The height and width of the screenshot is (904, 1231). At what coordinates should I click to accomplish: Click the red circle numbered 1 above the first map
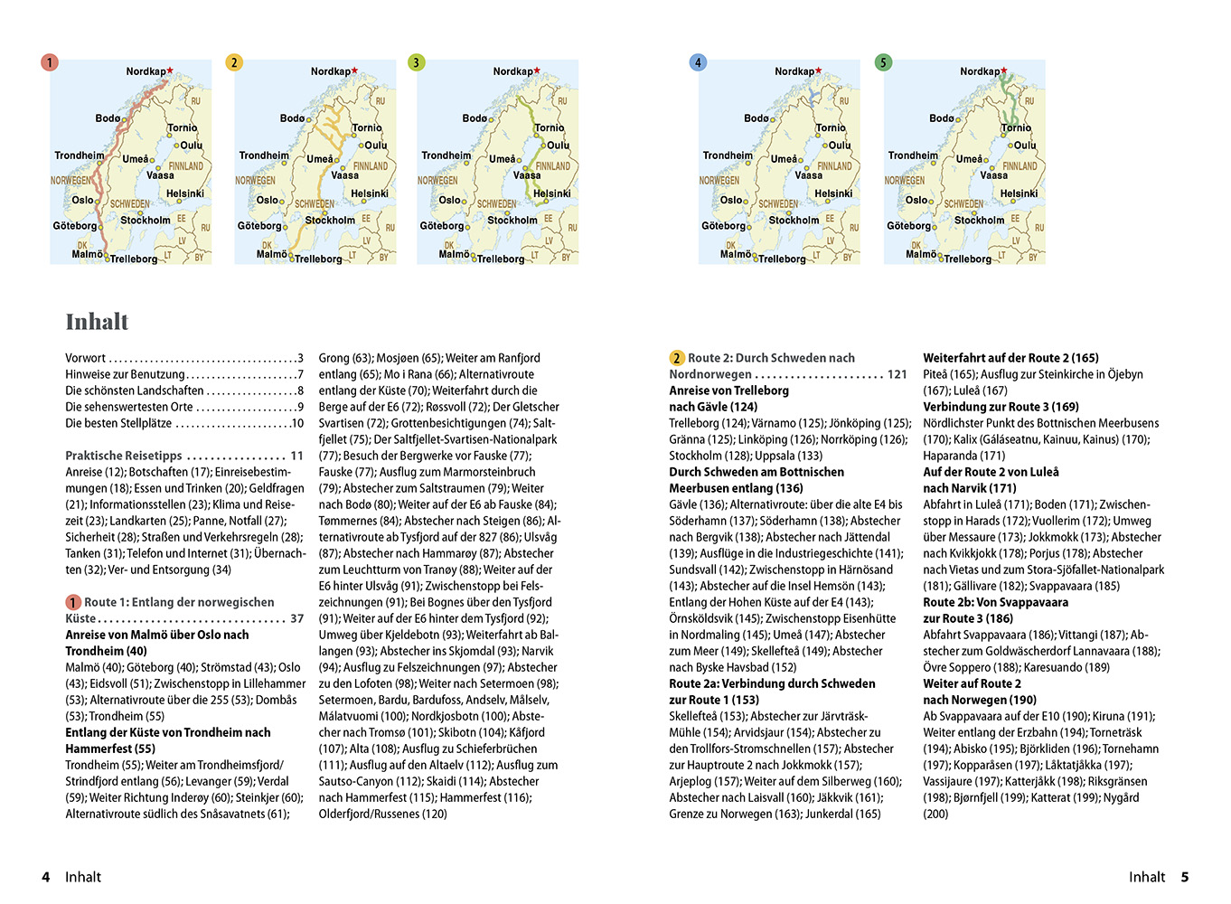[x=50, y=62]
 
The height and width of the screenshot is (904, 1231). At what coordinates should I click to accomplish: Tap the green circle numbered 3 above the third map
[x=416, y=62]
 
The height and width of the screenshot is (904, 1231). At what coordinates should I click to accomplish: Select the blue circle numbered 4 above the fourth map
[x=697, y=62]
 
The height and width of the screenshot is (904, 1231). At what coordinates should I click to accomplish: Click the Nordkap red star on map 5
[x=1004, y=71]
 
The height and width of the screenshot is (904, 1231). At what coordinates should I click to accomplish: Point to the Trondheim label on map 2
[x=264, y=155]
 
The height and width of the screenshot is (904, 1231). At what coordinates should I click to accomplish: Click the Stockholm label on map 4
[x=794, y=220]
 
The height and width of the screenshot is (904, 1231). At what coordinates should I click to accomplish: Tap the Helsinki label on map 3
[x=551, y=193]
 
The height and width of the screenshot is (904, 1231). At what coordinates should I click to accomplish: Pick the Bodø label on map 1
[x=108, y=118]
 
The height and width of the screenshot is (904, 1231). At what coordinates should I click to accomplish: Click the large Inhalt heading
[x=97, y=322]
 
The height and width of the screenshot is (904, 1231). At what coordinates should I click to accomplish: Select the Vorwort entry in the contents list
[x=85, y=358]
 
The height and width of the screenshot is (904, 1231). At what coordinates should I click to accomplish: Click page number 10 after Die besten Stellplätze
[x=297, y=423]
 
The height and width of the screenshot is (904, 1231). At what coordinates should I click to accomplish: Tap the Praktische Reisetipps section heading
[x=124, y=456]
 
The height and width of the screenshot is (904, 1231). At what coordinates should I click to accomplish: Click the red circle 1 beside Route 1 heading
[x=73, y=602]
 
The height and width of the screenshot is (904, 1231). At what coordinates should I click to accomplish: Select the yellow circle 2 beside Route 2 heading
[x=677, y=358]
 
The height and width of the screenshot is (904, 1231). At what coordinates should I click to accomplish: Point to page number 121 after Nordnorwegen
[x=897, y=374]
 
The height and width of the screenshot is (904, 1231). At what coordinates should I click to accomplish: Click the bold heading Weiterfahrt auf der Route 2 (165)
[x=1010, y=358]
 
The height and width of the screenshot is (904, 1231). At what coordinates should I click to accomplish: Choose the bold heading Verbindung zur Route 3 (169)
[x=1001, y=407]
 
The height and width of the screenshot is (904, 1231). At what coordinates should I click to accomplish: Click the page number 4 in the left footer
[x=46, y=877]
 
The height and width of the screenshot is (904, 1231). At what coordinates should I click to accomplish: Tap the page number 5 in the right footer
[x=1184, y=877]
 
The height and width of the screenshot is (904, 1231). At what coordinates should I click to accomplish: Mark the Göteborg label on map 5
[x=908, y=226]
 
